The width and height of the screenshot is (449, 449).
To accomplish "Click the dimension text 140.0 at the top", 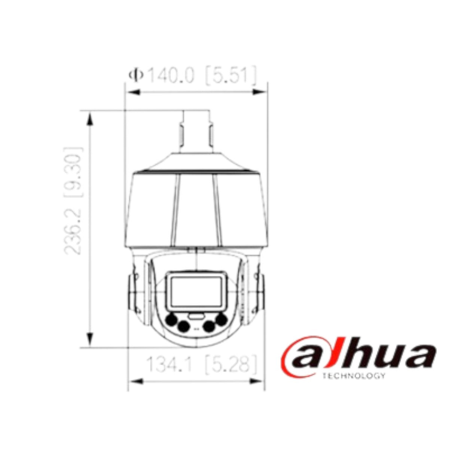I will coord(171,76).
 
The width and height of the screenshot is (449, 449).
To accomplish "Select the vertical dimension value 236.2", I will coord(73,232).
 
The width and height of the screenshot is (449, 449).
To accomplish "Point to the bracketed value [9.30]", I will coord(73,172).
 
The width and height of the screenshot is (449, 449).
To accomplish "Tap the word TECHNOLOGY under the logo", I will coord(353,376).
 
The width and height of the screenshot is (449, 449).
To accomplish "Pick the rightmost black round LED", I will coord(222,319).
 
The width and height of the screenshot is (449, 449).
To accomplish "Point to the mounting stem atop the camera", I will coord(196,131).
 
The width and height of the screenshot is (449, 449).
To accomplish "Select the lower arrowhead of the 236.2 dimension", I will coord(90,340).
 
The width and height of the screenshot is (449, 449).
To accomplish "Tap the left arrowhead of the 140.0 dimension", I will coord(132,92).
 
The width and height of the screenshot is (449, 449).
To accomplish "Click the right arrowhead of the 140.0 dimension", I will coord(261,92).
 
